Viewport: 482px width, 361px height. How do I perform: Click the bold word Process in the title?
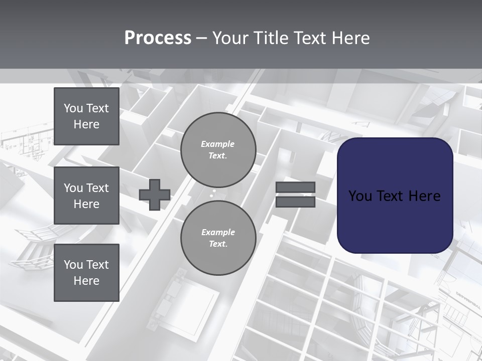158,38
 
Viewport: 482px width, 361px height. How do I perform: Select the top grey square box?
86,116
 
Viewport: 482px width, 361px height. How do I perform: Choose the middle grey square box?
86,196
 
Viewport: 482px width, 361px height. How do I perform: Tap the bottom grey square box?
86,273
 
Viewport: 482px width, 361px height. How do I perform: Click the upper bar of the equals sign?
296,187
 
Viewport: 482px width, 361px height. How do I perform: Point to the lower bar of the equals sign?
296,202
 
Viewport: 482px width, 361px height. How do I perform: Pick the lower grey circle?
218,238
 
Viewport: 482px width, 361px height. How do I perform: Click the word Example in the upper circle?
217,144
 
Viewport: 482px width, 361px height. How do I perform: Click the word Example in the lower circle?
217,232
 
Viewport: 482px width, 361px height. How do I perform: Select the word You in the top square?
73,108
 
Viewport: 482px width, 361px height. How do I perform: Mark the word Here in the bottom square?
86,281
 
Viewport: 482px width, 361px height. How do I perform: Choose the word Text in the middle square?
97,188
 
